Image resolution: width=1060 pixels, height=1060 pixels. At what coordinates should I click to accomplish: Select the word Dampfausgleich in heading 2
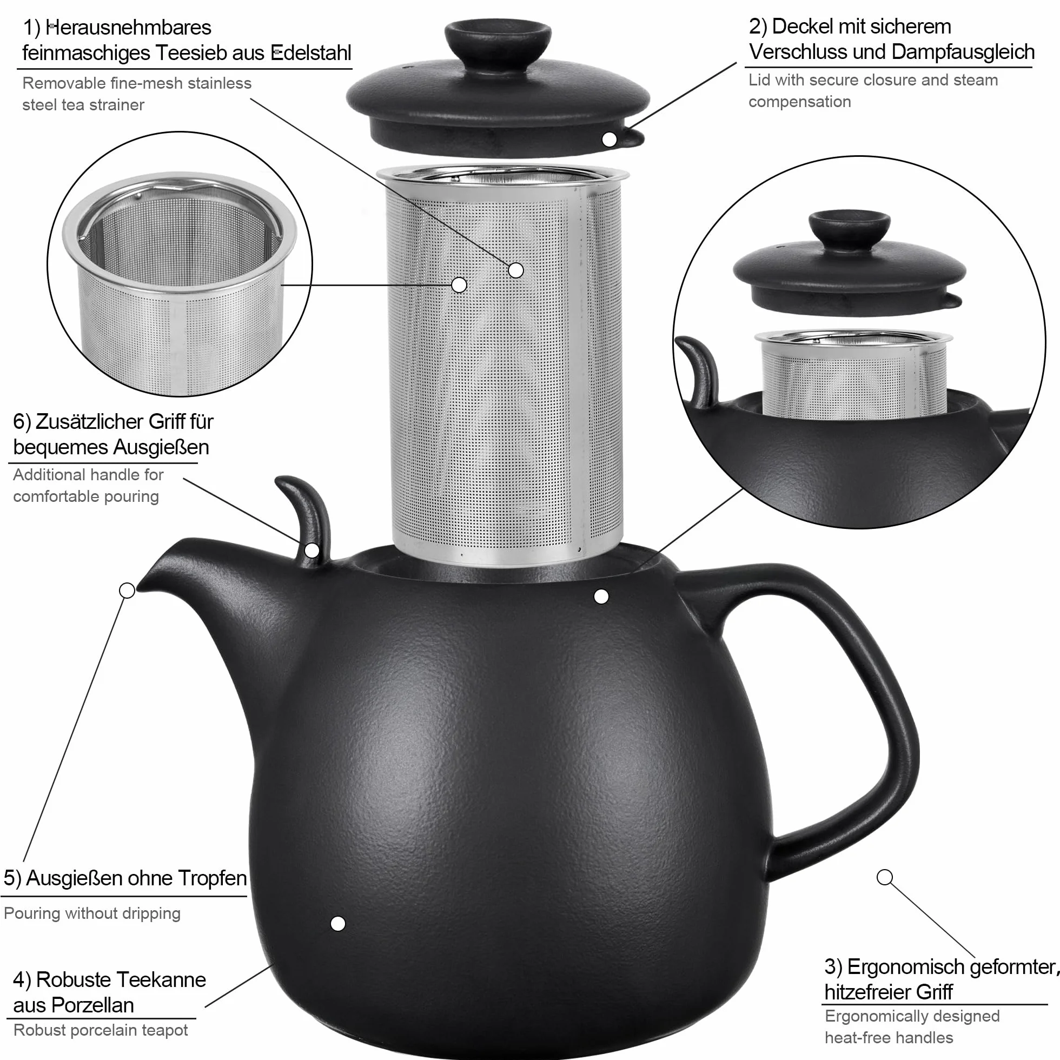(963, 52)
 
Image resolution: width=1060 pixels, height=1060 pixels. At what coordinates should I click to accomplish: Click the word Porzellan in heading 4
(74, 1005)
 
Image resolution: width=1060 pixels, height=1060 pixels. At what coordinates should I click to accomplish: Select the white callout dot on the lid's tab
(609, 140)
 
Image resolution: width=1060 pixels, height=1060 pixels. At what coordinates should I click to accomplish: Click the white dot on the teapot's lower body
(338, 923)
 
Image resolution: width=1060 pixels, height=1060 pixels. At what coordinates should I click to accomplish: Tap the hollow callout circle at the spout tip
(127, 591)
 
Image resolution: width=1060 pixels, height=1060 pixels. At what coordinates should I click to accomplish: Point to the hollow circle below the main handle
(884, 877)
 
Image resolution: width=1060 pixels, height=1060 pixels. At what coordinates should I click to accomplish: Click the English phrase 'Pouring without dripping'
(92, 913)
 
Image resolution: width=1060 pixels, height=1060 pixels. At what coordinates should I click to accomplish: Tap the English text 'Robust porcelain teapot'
(101, 1030)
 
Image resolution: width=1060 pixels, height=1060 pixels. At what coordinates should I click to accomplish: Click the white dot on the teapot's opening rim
(601, 597)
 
